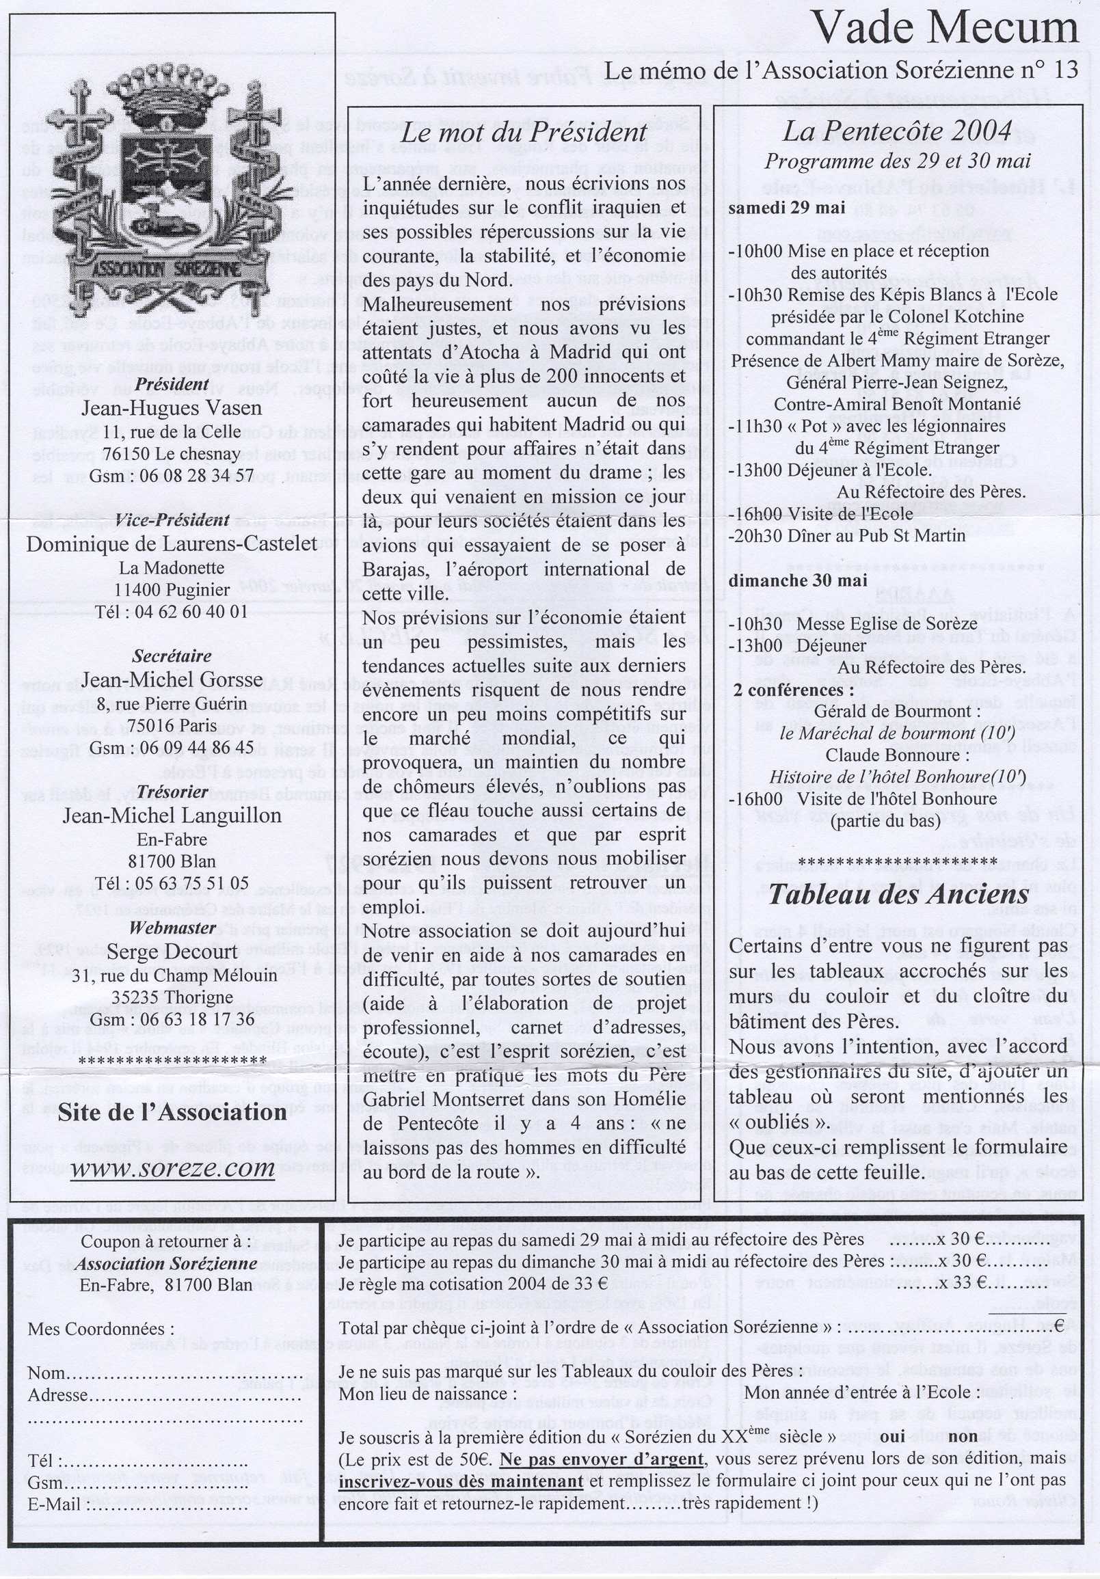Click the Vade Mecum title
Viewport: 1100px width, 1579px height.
pyautogui.click(x=945, y=29)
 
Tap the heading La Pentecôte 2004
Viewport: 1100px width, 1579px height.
pyautogui.click(x=896, y=131)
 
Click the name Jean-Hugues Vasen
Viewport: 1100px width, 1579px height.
pyautogui.click(x=172, y=408)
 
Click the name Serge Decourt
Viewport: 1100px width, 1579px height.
pyautogui.click(x=172, y=952)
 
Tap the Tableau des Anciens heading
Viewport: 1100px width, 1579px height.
pyautogui.click(x=898, y=895)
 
